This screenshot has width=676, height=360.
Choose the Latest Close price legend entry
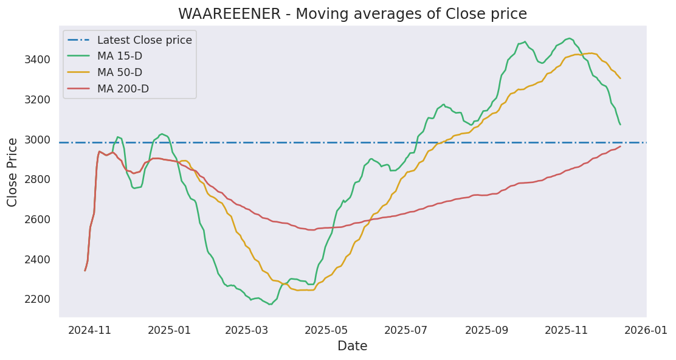tap(144, 40)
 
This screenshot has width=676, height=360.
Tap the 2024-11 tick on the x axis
tap(90, 330)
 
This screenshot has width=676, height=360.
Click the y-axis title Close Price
tap(13, 172)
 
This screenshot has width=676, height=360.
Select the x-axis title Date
tap(352, 347)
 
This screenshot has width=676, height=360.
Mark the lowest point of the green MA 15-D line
tap(270, 304)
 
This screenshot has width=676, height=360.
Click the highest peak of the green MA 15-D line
tap(569, 38)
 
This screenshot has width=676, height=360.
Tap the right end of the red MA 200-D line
tap(620, 146)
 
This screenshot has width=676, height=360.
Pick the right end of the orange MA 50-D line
tap(620, 78)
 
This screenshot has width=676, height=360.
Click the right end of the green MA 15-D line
tap(620, 125)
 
